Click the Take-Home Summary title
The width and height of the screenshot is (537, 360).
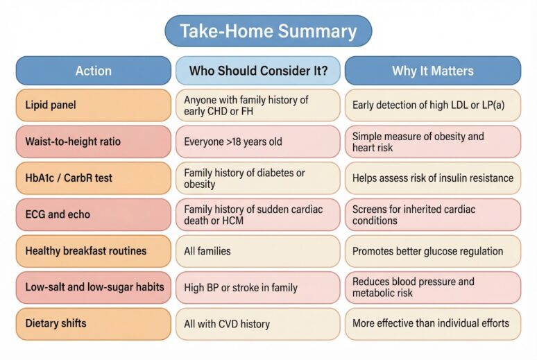(268, 31)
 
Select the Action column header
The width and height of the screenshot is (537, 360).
(93, 71)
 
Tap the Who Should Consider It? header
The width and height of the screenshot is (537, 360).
(257, 71)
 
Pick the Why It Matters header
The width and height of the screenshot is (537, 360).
(432, 71)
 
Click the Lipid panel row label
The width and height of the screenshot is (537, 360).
(93, 105)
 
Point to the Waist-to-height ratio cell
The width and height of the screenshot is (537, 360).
(93, 142)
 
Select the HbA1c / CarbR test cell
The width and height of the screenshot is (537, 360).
(93, 178)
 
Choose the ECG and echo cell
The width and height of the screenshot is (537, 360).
(93, 215)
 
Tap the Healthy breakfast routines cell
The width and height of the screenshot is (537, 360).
(93, 251)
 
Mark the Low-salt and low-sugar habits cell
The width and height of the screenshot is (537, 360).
(93, 287)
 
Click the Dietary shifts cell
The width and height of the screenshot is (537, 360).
(93, 323)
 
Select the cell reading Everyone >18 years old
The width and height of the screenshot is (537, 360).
(257, 142)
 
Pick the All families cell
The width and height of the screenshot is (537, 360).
(257, 251)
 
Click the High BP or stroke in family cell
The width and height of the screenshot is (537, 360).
(257, 287)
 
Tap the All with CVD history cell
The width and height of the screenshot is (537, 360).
(257, 323)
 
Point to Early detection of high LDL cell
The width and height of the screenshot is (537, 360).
(432, 105)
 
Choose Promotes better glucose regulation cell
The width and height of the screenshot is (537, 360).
(432, 251)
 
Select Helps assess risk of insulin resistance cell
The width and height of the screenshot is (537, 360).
(432, 178)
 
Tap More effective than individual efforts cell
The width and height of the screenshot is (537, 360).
(432, 323)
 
